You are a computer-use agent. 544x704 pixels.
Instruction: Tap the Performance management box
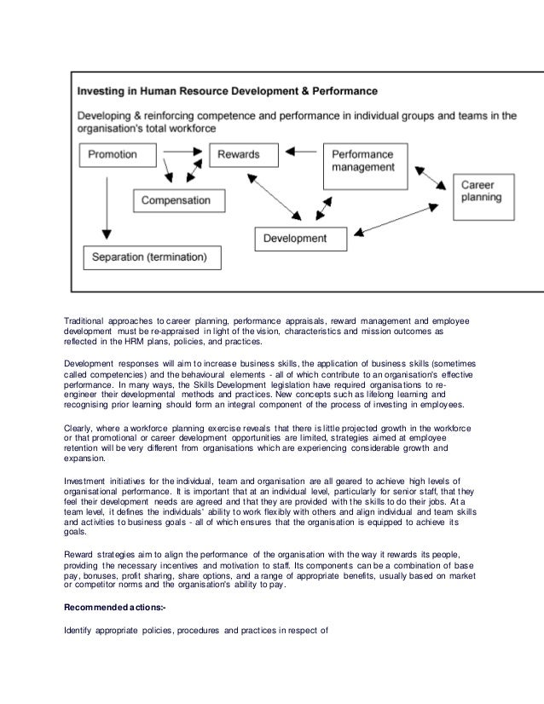pos(362,162)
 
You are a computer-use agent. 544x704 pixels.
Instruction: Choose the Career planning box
pos(483,191)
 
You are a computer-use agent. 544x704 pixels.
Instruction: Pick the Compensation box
pos(175,200)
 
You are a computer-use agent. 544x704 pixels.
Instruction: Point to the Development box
pos(294,239)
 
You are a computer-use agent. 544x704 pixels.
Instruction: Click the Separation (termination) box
pos(151,255)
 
